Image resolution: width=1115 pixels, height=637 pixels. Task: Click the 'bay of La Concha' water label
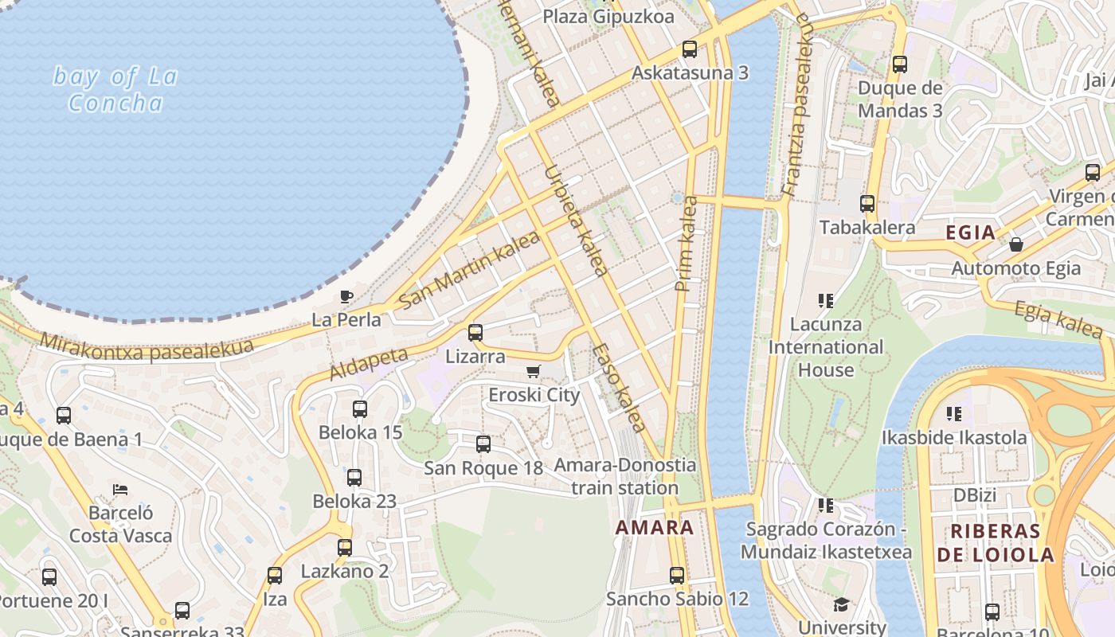[115, 89]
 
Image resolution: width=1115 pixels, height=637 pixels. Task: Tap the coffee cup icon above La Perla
[346, 297]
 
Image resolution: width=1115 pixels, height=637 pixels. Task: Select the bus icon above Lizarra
[475, 333]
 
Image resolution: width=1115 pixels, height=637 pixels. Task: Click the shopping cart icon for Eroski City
[534, 371]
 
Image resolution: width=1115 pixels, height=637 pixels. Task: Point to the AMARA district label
[655, 527]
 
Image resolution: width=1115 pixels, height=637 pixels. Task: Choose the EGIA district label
[970, 233]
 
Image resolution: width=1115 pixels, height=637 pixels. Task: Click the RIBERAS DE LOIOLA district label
[996, 543]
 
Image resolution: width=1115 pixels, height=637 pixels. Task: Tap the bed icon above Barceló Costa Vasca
[120, 489]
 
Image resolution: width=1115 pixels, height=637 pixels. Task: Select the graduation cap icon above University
[842, 604]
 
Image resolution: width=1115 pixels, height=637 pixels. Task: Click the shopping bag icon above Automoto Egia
[1016, 244]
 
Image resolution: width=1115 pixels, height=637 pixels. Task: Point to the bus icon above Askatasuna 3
[690, 49]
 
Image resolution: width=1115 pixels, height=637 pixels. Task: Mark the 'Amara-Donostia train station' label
[625, 476]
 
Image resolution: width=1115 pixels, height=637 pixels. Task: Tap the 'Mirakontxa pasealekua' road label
[147, 346]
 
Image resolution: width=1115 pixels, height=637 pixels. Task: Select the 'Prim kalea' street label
[686, 244]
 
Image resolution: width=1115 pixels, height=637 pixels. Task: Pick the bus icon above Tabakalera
[867, 204]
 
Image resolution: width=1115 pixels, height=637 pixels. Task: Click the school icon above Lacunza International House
[826, 301]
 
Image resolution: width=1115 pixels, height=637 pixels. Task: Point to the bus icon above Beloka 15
[360, 409]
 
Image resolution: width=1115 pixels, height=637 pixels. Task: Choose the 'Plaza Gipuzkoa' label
[608, 16]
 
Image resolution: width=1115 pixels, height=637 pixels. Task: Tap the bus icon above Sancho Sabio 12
[677, 575]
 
